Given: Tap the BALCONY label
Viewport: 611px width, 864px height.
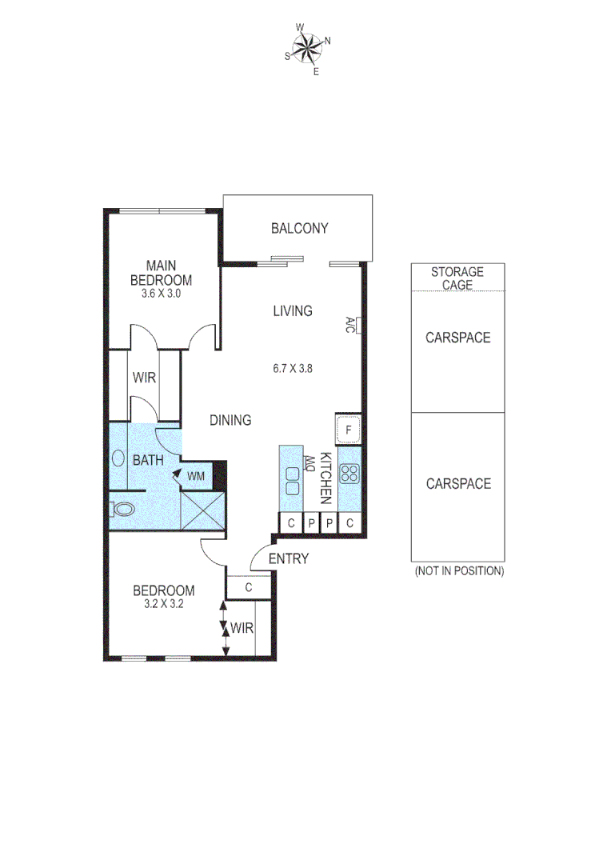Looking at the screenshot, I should [x=299, y=229].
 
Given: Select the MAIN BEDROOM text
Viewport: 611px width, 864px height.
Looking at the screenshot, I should [x=161, y=273].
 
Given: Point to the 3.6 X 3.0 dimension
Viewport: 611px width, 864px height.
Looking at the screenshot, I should [x=161, y=294].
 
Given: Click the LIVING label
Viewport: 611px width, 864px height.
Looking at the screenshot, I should [x=292, y=311].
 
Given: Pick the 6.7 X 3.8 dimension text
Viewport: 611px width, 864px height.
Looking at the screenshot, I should [x=291, y=369].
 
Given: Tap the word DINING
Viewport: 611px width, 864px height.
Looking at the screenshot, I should [x=230, y=420].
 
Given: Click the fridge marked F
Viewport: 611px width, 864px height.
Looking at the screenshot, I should [x=349, y=430].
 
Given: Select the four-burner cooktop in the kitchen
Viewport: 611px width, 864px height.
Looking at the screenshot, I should [x=349, y=473].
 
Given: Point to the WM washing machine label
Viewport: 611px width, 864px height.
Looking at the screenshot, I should [x=196, y=476].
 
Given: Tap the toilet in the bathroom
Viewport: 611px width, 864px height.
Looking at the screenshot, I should [x=122, y=508].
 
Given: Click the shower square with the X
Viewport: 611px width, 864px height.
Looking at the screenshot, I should [x=203, y=509].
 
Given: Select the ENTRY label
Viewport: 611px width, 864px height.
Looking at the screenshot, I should [x=288, y=559].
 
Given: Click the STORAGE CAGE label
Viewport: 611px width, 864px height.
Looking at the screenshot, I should [x=457, y=278].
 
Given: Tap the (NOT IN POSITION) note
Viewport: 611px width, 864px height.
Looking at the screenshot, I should [x=458, y=571].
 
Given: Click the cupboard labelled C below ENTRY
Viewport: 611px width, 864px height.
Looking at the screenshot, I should [x=249, y=587].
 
